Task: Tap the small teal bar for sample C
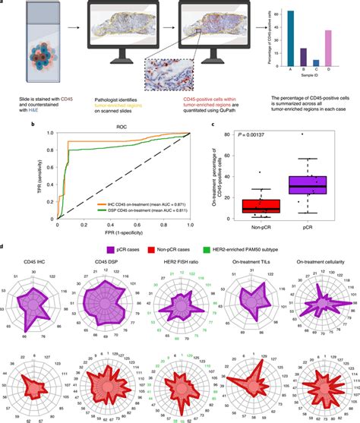(x=315, y=65)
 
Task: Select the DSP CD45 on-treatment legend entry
(x=149, y=210)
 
